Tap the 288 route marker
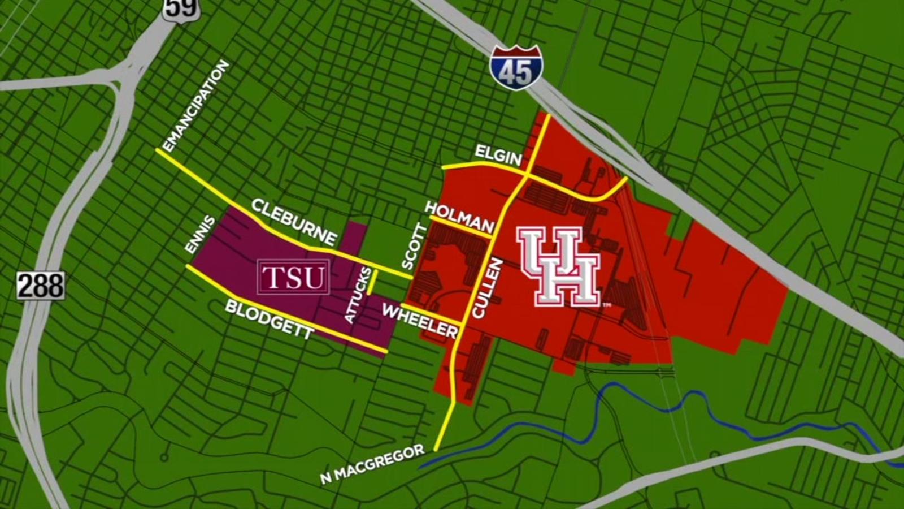click(x=40, y=286)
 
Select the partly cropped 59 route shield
click(x=181, y=8)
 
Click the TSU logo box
click(x=294, y=277)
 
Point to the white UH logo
click(x=559, y=266)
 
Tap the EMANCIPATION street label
click(x=195, y=106)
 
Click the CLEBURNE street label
click(x=294, y=222)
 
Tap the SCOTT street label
click(x=414, y=247)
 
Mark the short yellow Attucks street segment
click(x=371, y=282)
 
